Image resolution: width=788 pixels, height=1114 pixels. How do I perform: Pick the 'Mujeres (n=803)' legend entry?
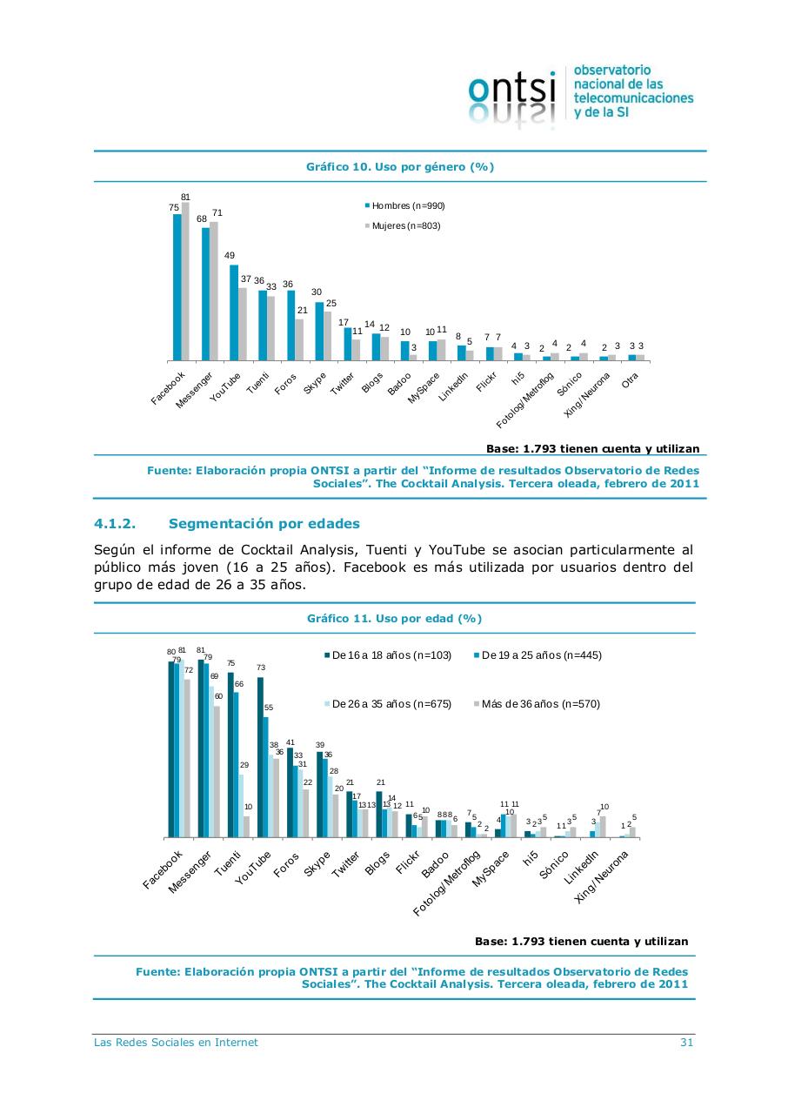click(405, 225)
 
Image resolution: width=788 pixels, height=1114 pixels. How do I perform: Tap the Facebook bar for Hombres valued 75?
click(177, 287)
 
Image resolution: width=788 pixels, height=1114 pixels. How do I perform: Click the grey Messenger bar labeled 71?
click(214, 291)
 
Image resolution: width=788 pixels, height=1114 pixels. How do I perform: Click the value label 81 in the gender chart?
click(185, 198)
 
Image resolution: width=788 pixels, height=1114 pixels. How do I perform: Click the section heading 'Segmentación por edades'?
click(264, 524)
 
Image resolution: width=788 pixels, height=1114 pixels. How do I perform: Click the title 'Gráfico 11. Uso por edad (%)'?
click(394, 619)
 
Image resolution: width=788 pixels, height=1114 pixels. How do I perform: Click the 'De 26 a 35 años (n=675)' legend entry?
click(391, 704)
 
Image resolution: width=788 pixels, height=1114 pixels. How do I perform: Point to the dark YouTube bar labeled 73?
click(260, 757)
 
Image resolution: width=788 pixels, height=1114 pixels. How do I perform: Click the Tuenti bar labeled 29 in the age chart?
click(241, 805)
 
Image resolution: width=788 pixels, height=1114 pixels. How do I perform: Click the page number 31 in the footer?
click(686, 1043)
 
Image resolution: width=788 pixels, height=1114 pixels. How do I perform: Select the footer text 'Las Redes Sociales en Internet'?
click(176, 1043)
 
